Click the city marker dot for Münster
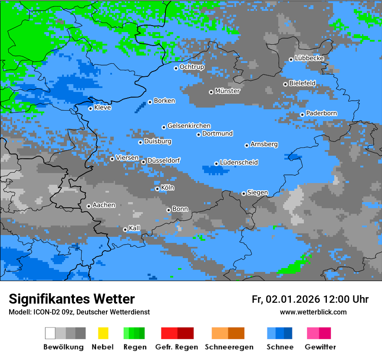[x=211, y=92]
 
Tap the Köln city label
[x=168, y=188]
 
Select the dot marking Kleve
[x=90, y=108]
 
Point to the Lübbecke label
[x=309, y=58]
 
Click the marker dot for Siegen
[x=244, y=193]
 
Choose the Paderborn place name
[x=321, y=113]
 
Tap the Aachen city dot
[x=89, y=206]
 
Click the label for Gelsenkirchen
[x=189, y=126]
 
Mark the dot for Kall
[x=125, y=229]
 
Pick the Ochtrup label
[x=191, y=67]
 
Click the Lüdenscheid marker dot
[x=216, y=164]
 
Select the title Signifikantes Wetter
[x=72, y=299]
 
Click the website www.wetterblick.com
[x=313, y=312]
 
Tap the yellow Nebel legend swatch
[x=103, y=333]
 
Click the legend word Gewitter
[x=320, y=347]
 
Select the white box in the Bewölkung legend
[x=50, y=333]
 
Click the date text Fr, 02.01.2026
[x=286, y=299]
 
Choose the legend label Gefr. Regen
[x=177, y=347]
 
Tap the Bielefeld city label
[x=302, y=83]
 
